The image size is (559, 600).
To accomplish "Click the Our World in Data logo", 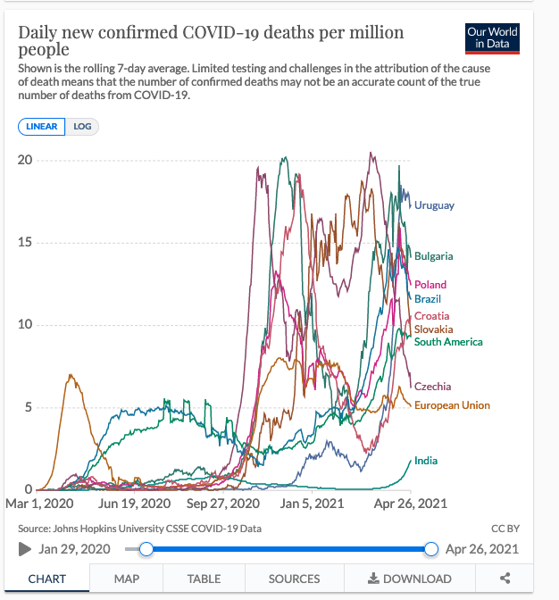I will tap(492, 37).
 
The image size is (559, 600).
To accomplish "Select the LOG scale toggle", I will tap(82, 127).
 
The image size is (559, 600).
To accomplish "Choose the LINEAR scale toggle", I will tap(42, 127).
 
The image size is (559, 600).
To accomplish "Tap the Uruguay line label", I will tap(434, 206).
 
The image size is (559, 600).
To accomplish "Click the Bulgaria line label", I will tap(433, 256).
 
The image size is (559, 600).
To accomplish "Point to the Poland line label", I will tap(430, 285).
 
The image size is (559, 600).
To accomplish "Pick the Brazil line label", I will tap(428, 299).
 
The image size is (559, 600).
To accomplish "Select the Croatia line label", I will tap(431, 316).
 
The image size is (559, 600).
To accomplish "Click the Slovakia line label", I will tap(433, 329).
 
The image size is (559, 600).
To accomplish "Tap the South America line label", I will tap(448, 342).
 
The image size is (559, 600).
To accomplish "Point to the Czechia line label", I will tap(432, 387).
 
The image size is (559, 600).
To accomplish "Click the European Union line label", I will tap(452, 405).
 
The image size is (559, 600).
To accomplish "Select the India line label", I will tap(426, 461).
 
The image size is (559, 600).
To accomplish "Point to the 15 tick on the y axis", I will tap(25, 243).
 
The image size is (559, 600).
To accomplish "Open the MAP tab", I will tap(126, 579).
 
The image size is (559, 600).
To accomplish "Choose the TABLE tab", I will tap(204, 579).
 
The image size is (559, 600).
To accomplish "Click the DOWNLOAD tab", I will tap(410, 579).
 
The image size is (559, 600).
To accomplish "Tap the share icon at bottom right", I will tap(505, 579).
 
